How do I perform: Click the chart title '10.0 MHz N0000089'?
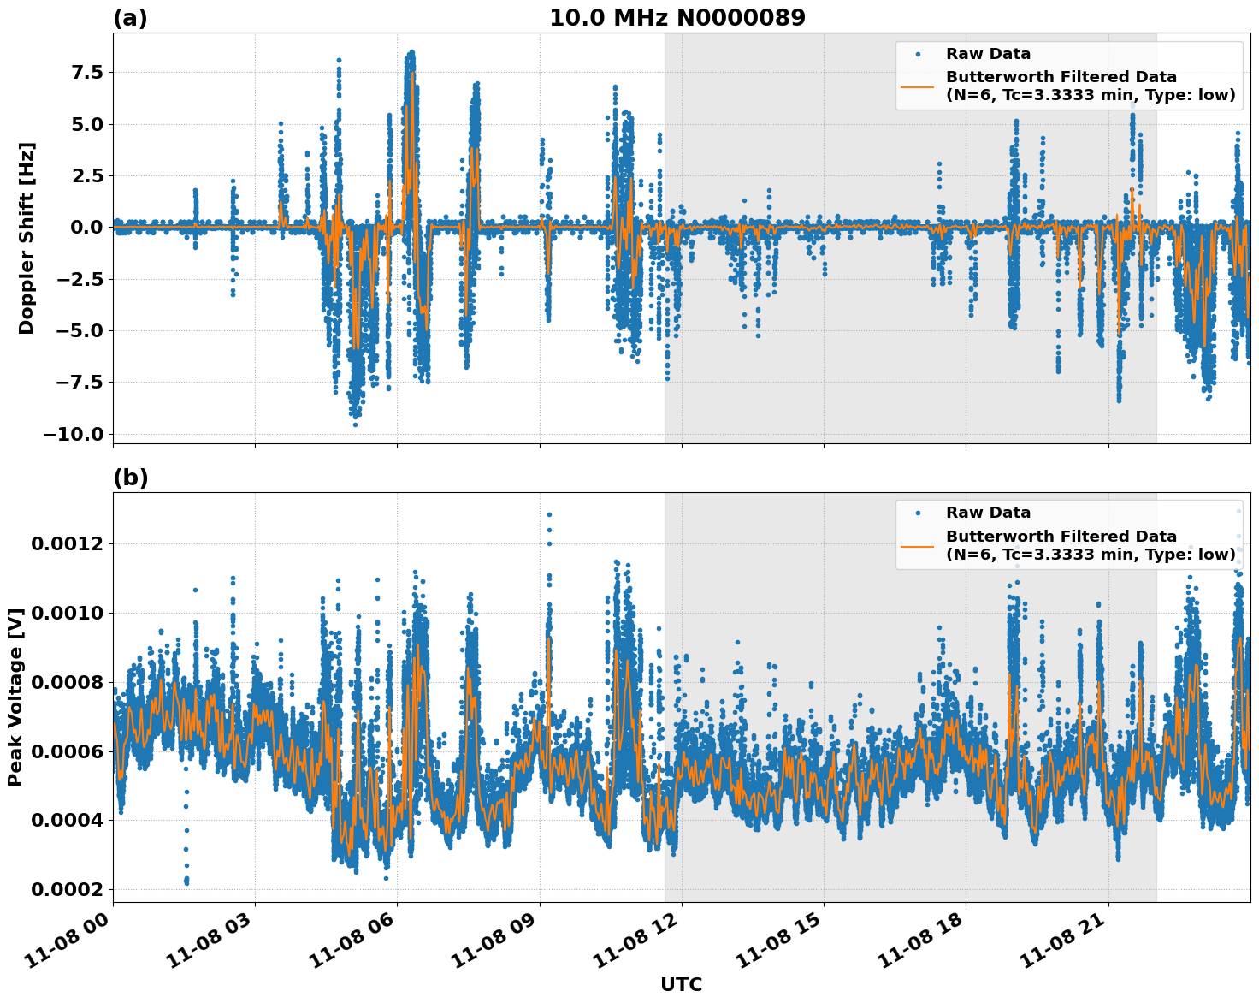pos(677,18)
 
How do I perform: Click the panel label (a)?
pos(130,18)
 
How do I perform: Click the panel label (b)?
pos(130,478)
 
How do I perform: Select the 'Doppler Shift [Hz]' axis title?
pos(27,238)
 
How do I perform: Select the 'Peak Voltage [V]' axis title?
pos(15,697)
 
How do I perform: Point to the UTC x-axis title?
pos(681,984)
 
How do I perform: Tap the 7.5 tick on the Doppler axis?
pos(80,72)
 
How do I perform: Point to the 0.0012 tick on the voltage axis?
pos(67,544)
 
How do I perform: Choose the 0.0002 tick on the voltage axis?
pos(67,889)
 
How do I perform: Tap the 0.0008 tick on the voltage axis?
pos(67,682)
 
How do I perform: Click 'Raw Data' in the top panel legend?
pos(988,54)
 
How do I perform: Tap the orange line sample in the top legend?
pos(918,86)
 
